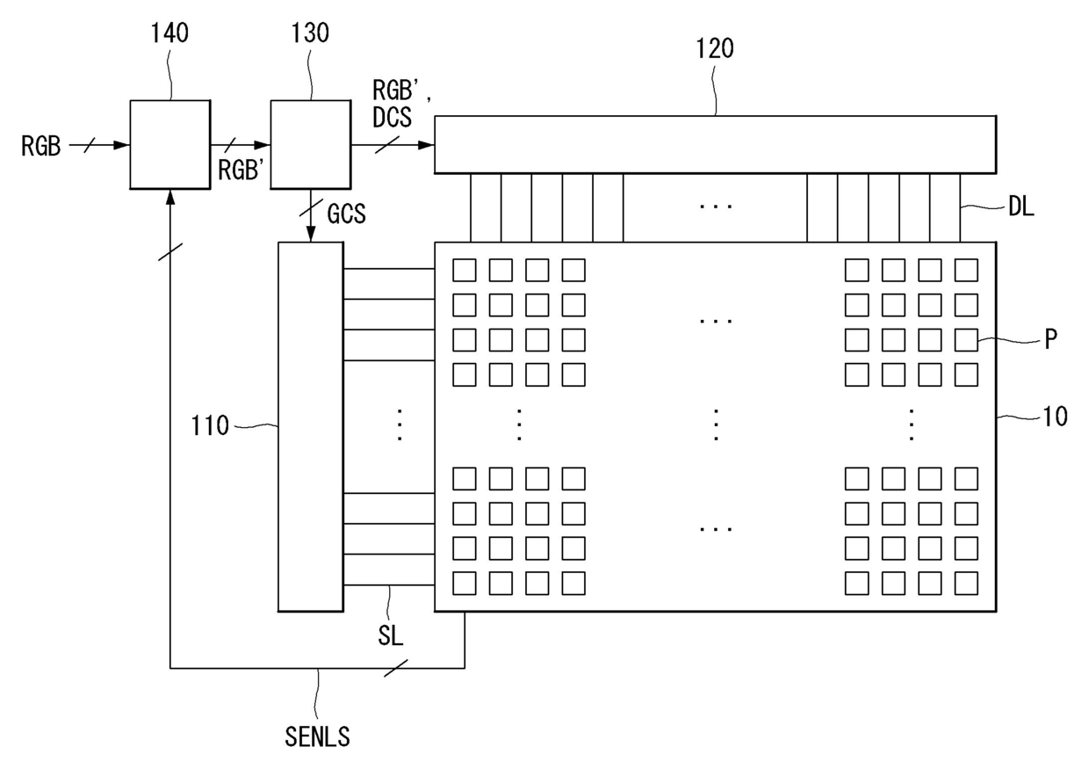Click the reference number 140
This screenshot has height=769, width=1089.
(x=169, y=33)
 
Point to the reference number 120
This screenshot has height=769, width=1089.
(x=715, y=48)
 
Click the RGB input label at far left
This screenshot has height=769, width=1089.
(x=40, y=146)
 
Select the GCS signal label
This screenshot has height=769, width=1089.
(x=346, y=214)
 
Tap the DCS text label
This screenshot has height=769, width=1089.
(x=392, y=117)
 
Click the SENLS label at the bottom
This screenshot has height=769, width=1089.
(x=317, y=736)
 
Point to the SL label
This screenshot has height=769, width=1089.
(x=391, y=635)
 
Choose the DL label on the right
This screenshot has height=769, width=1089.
(x=1020, y=207)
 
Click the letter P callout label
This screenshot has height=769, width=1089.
(x=1050, y=339)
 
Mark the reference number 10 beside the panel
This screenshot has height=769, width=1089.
(x=1055, y=417)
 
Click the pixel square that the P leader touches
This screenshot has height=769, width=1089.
(x=966, y=339)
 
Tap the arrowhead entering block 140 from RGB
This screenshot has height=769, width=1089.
(x=121, y=145)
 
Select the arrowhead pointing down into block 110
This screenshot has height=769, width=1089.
(x=311, y=234)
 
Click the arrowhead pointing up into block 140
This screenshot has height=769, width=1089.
(x=170, y=198)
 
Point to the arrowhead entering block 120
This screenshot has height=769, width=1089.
(x=426, y=145)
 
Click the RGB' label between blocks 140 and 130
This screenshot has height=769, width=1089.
(x=242, y=170)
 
